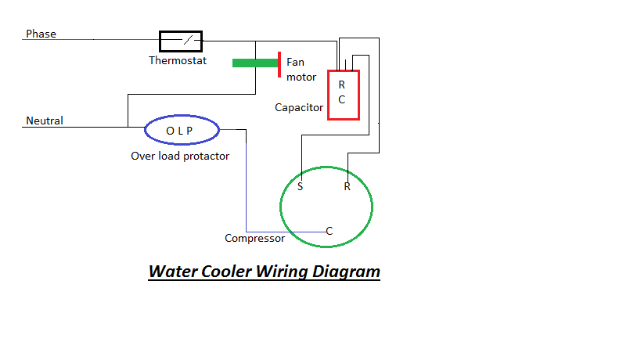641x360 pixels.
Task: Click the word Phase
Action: pos(41,34)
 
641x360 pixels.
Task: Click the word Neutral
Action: pos(45,121)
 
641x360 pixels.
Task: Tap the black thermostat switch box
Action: pos(181,40)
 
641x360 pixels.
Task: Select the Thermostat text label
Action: pos(178,60)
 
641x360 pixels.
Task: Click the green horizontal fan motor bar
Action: pos(254,63)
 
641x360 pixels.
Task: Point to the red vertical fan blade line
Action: pos(279,65)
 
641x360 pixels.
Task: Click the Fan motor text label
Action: pos(301,69)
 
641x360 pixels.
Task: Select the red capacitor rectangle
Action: pos(343,95)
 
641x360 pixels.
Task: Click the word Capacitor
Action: pos(299,107)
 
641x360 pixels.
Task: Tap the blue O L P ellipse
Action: pos(181,131)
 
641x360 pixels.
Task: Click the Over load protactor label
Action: pos(180,156)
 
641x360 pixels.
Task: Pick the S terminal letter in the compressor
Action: pos(301,187)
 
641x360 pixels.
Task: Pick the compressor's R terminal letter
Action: pos(346,187)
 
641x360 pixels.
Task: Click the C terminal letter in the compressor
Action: pos(330,231)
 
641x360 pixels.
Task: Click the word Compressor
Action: pos(254,238)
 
